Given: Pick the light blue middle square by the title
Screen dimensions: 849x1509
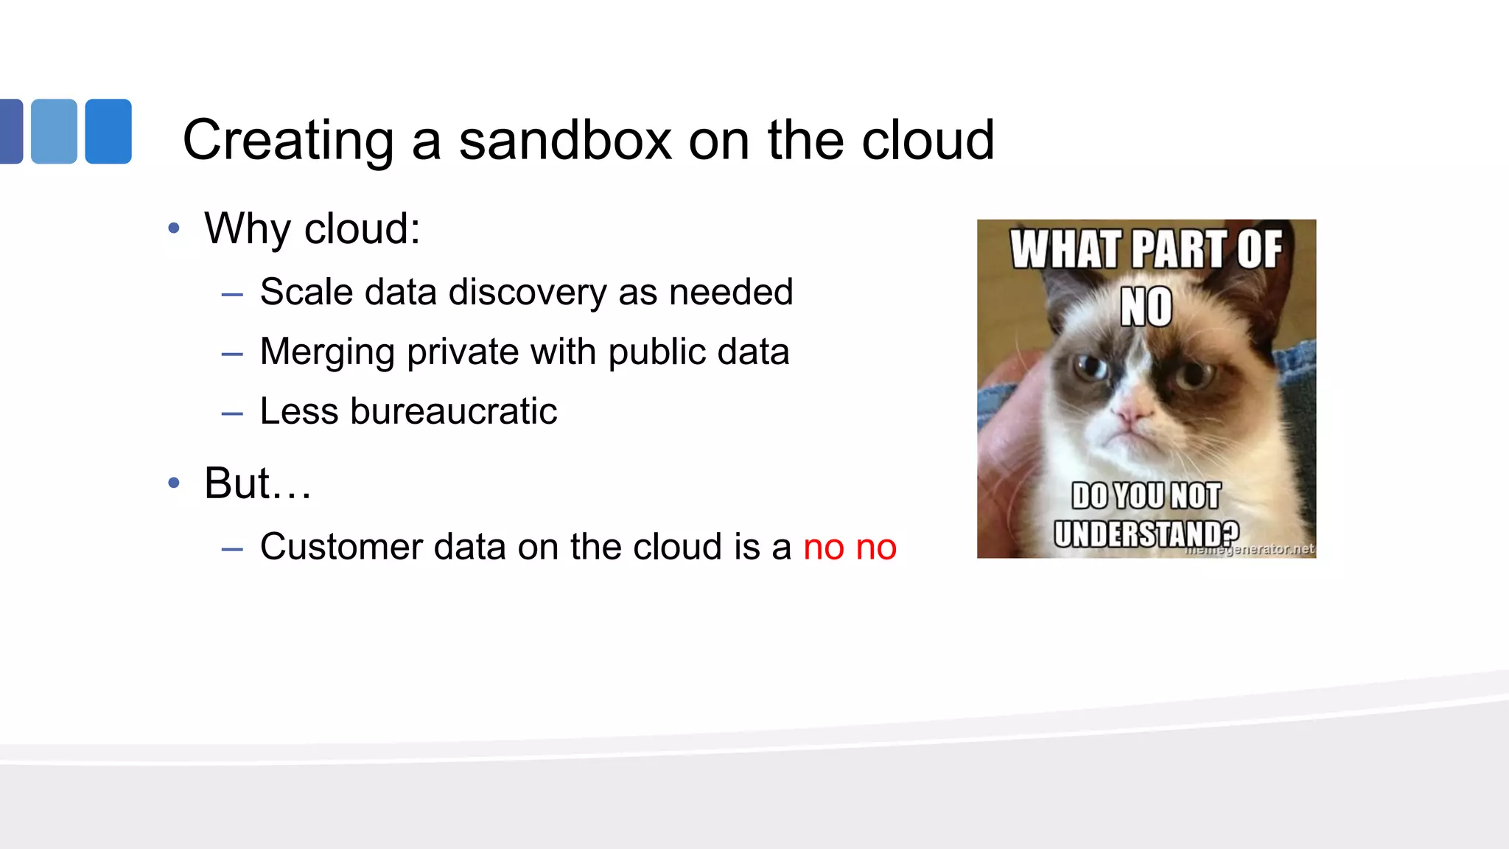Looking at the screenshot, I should tap(54, 131).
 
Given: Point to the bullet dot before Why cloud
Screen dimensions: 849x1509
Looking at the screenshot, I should tap(174, 228).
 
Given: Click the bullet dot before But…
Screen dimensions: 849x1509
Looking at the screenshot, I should tap(174, 483).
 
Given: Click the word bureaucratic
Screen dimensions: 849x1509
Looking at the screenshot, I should tap(453, 411).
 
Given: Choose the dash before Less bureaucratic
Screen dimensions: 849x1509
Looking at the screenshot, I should tap(232, 413).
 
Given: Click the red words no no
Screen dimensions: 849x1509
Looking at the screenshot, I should tap(850, 548).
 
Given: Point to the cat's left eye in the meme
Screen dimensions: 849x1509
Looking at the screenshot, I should tap(1090, 366).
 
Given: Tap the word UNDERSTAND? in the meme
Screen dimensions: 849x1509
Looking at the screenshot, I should tap(1146, 533).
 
